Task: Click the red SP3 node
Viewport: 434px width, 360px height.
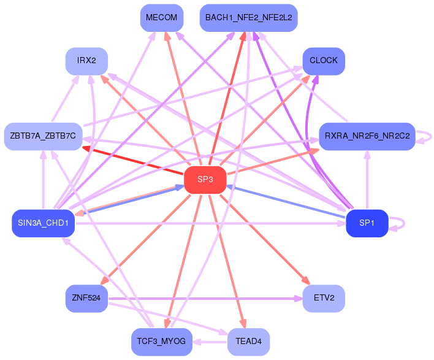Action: tap(205, 180)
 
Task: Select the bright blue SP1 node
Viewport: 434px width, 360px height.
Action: tap(367, 223)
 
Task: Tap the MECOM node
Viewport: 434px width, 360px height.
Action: tap(162, 18)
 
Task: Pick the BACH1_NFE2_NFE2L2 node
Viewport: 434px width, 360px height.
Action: tap(248, 18)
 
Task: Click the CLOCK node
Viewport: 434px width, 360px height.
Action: tap(324, 61)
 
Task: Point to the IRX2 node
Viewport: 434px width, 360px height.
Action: tap(86, 61)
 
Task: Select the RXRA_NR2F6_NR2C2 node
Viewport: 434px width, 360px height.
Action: tap(367, 136)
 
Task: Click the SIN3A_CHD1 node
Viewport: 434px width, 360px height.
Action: tap(43, 223)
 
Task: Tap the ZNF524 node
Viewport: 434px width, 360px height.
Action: tap(86, 299)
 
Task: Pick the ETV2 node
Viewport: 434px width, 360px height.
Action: tap(324, 299)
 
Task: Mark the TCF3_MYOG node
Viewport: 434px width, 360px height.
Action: tap(162, 342)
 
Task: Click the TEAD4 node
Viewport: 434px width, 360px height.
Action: tap(248, 342)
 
